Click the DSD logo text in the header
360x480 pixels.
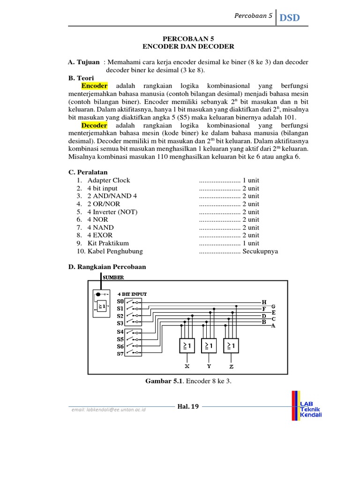click(x=290, y=18)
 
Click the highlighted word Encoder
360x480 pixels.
click(x=94, y=86)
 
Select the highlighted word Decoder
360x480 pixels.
click(x=94, y=126)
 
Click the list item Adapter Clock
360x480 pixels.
click(x=109, y=180)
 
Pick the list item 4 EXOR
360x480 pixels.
click(x=100, y=235)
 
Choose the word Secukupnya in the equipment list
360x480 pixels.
click(x=260, y=251)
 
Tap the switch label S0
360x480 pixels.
click(x=120, y=302)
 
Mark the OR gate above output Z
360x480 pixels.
click(x=232, y=345)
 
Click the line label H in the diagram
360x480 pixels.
click(x=263, y=302)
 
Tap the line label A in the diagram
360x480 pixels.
click(x=273, y=325)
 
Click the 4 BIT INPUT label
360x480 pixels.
click(x=132, y=294)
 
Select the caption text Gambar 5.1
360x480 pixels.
click(x=165, y=381)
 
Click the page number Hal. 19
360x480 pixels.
click(x=188, y=406)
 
